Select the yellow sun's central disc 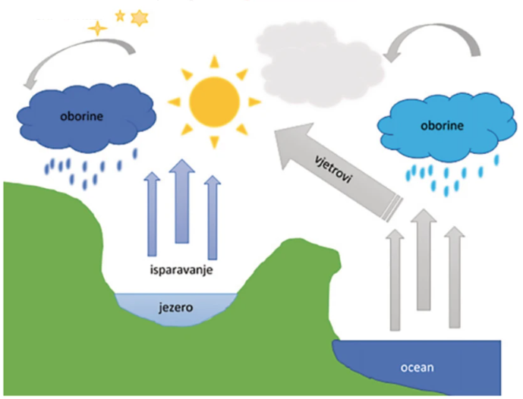tap(214, 99)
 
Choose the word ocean tap(417, 368)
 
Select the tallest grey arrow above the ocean tap(423, 258)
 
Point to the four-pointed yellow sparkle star tap(97, 28)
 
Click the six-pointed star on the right tap(139, 17)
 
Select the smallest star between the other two tap(119, 14)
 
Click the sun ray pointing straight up tap(213, 61)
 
